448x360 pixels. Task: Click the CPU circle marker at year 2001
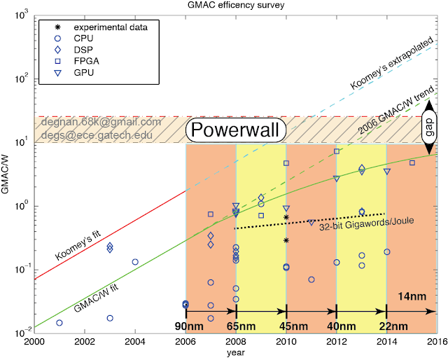click(x=59, y=323)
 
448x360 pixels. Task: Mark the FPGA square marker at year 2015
click(x=412, y=162)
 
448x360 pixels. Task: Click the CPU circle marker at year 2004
click(x=135, y=262)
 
